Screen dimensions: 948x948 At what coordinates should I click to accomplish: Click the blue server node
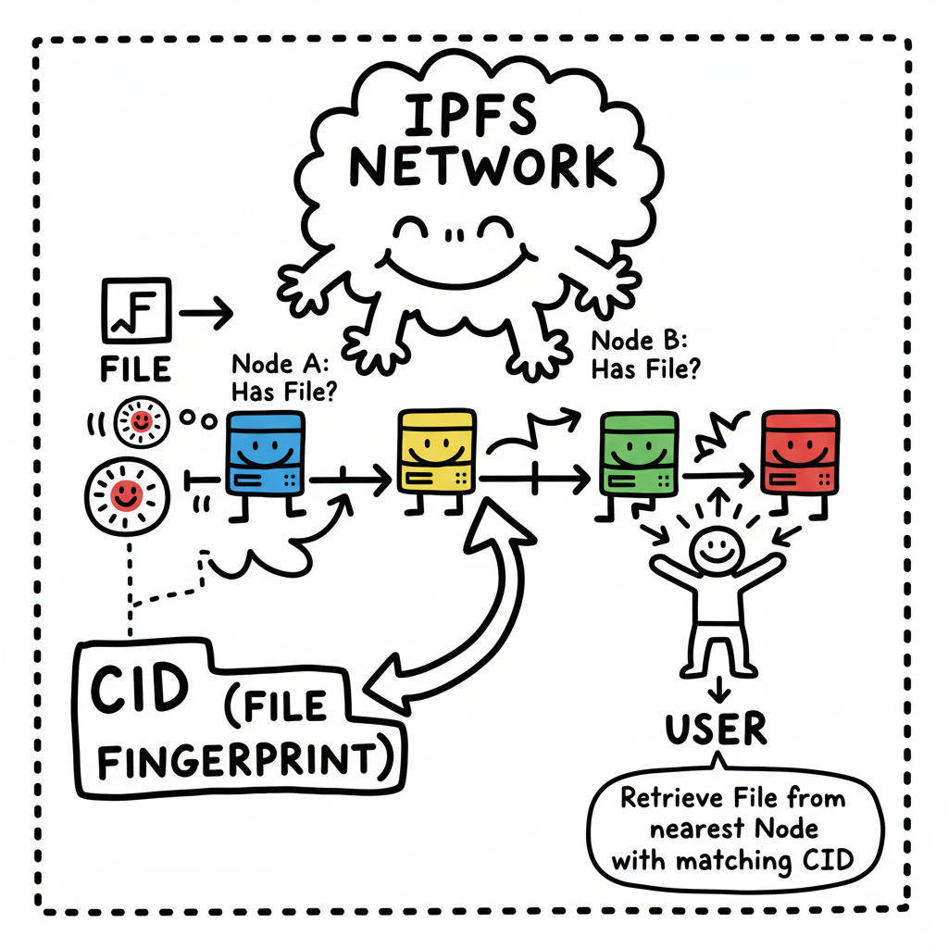pos(266,454)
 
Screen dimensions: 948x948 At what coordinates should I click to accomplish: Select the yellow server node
pos(436,454)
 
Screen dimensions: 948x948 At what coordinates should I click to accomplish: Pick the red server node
pos(800,454)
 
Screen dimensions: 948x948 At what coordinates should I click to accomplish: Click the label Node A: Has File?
pos(282,375)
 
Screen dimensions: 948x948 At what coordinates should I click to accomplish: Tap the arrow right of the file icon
pos(206,315)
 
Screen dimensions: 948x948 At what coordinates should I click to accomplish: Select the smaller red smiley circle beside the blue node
pos(140,422)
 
